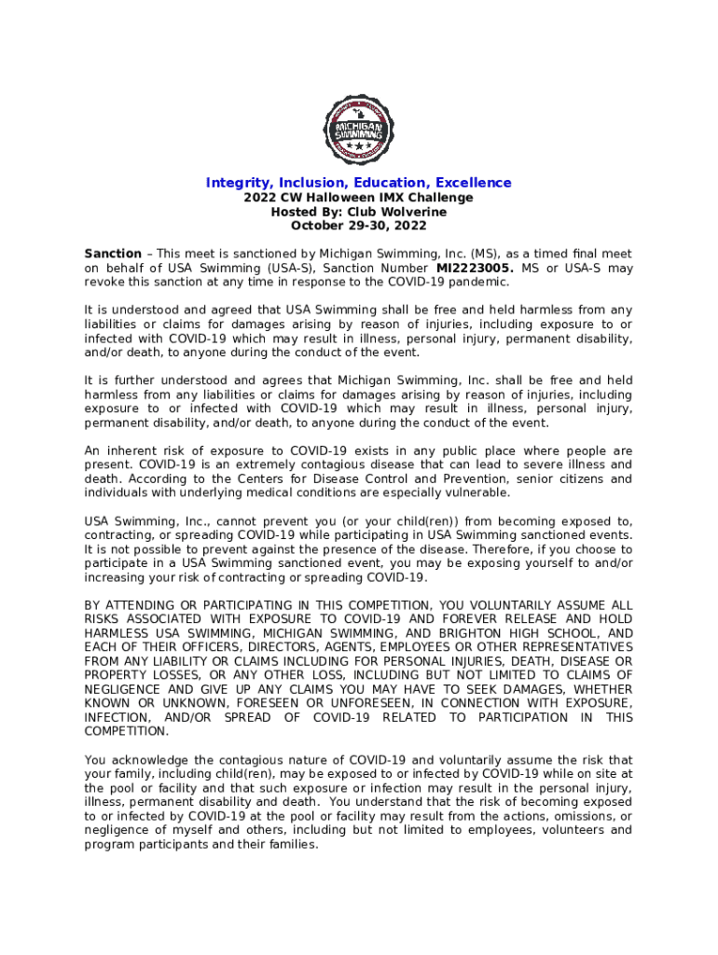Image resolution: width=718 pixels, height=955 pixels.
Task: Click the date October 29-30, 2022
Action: (359, 226)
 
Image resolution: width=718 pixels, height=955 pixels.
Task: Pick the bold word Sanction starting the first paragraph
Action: (113, 254)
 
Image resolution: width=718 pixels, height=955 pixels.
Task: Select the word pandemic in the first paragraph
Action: (480, 282)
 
